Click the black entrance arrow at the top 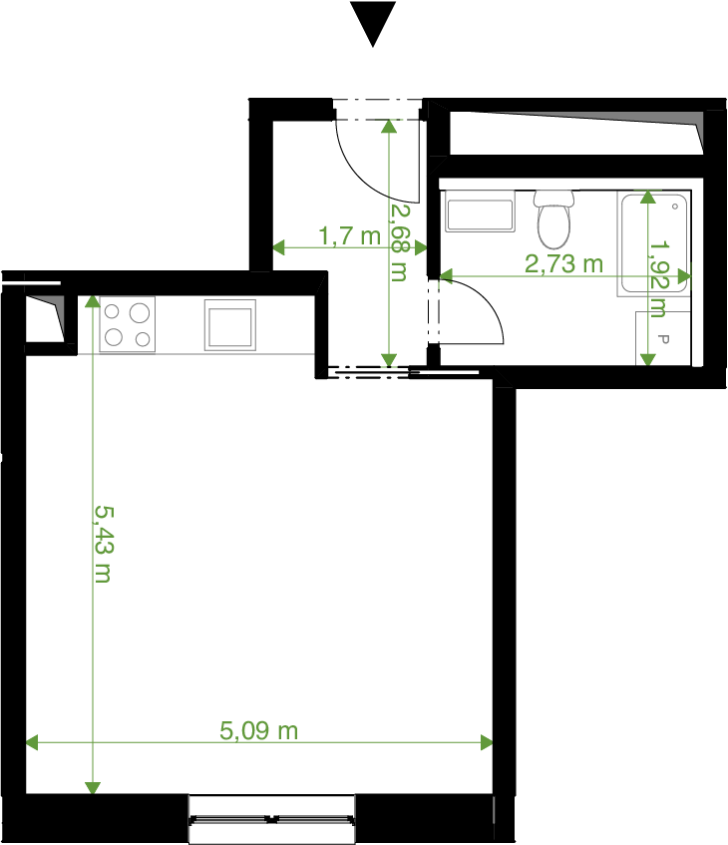(373, 22)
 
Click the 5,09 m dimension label (258, 730)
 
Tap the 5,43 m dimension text (104, 545)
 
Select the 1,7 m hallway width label (350, 236)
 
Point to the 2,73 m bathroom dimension (563, 264)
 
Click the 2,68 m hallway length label (400, 241)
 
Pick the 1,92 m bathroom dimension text (659, 278)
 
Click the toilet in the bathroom (553, 218)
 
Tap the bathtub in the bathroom (654, 243)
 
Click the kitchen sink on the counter (230, 325)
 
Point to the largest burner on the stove (140, 312)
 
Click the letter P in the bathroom (664, 339)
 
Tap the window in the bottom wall (271, 820)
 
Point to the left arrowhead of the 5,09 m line (32, 742)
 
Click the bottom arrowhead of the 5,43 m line (93, 788)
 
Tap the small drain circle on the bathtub (675, 207)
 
